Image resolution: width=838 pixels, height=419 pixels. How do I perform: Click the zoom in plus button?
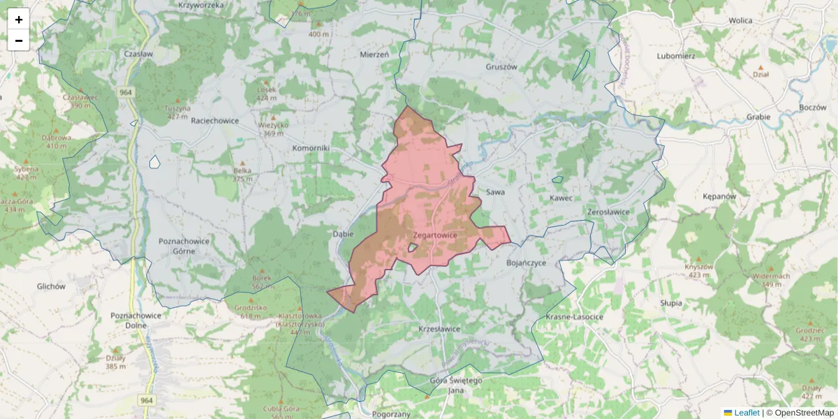point(19,19)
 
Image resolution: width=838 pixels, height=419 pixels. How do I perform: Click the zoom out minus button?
point(19,41)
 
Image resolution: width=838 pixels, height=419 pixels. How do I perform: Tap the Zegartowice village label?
point(434,235)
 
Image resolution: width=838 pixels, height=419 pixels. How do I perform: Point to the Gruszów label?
point(501,67)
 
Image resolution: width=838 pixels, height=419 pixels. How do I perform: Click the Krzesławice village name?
point(439,328)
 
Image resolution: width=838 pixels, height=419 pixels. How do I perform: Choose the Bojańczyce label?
point(526,263)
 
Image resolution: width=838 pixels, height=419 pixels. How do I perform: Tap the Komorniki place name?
point(311,149)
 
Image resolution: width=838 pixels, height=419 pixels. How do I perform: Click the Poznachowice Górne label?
point(184,245)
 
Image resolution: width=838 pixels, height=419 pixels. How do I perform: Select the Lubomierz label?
point(675,55)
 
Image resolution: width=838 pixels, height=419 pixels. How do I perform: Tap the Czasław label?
point(138,54)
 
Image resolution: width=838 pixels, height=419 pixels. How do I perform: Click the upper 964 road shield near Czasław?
point(126,92)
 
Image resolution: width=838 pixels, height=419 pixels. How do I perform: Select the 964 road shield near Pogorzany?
point(146,400)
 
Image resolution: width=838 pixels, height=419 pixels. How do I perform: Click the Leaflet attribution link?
point(746,413)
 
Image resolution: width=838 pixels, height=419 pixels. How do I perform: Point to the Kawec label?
point(561,198)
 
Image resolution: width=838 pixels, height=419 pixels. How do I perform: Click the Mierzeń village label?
point(374,54)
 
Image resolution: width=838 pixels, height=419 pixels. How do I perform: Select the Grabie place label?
point(758,117)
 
